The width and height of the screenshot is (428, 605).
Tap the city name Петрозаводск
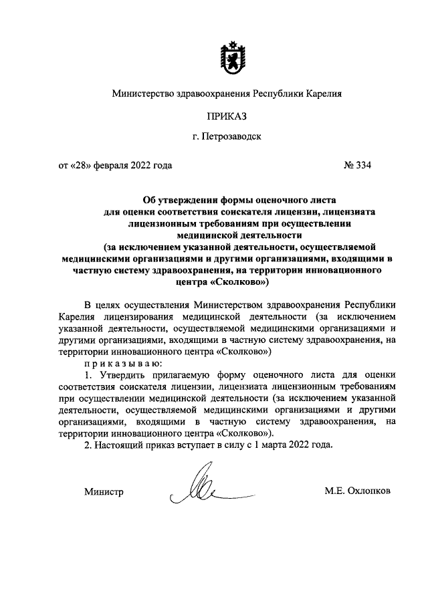pos(233,138)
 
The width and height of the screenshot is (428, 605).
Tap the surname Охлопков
pos(370,491)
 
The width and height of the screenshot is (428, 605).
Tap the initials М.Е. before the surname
pos(334,491)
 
